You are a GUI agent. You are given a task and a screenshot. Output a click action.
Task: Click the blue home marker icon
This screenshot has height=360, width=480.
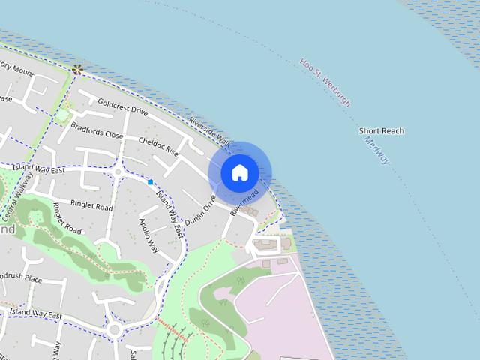pyautogui.click(x=239, y=172)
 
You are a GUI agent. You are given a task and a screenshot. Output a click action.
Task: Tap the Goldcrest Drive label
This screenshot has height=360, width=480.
pyautogui.click(x=123, y=109)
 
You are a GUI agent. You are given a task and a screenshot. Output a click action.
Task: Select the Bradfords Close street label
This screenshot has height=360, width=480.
pyautogui.click(x=97, y=130)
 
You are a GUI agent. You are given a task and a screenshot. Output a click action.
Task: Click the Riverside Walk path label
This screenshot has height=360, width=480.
pyautogui.click(x=209, y=131)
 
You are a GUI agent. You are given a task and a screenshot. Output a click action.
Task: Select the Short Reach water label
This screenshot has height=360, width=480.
pyautogui.click(x=381, y=131)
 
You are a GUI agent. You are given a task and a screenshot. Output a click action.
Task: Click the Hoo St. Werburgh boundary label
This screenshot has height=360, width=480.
pyautogui.click(x=324, y=83)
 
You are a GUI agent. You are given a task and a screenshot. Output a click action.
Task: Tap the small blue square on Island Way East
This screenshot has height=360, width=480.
pyautogui.click(x=151, y=182)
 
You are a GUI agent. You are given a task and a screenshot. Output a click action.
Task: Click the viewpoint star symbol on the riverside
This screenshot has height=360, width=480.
pyautogui.click(x=77, y=69)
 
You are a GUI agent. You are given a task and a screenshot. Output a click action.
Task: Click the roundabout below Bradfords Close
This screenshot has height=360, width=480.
pyautogui.click(x=118, y=172)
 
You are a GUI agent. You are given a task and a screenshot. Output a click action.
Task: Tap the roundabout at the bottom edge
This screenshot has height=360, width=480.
pyautogui.click(x=115, y=329)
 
